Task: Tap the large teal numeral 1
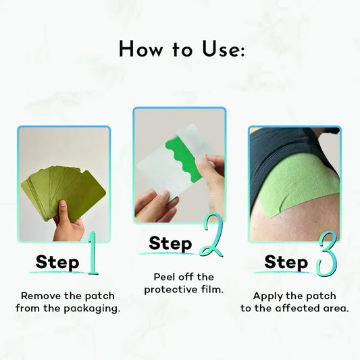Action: [93, 253]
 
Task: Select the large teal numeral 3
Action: [326, 254]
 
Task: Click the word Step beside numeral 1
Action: [57, 263]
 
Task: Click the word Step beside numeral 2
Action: [170, 244]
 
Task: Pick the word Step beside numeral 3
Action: [286, 263]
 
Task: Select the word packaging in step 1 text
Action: [92, 309]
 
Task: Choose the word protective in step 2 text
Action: [171, 290]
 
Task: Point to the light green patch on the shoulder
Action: [299, 182]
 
